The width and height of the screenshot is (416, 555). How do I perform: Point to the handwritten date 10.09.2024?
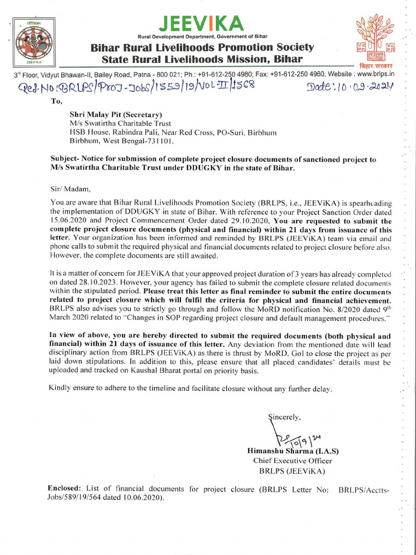tap(349, 86)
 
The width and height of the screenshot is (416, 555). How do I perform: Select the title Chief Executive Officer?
tap(292, 461)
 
